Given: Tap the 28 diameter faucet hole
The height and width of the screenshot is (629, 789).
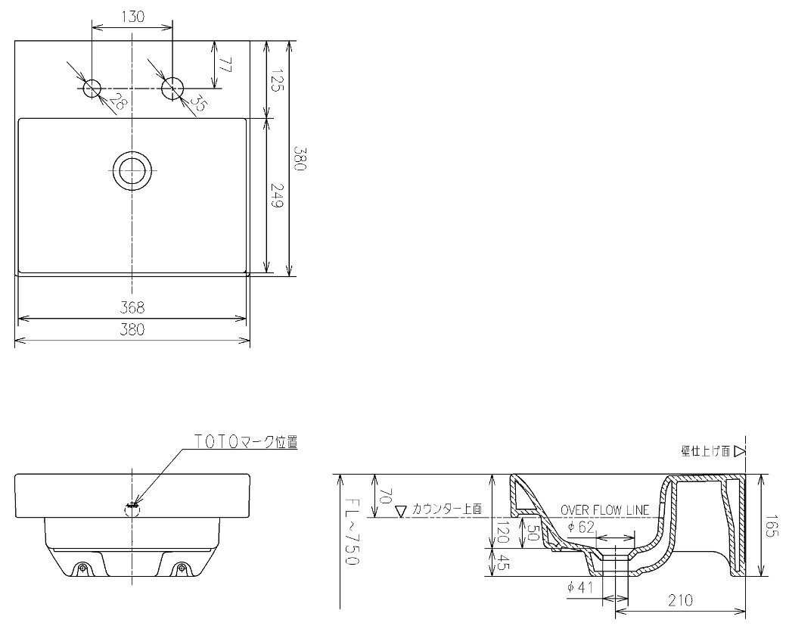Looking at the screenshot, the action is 92,89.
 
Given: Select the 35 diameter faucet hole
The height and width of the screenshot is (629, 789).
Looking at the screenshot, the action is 172,89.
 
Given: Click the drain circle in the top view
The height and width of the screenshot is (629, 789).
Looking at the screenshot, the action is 132,171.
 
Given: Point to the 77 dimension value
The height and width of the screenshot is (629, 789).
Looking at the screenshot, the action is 225,65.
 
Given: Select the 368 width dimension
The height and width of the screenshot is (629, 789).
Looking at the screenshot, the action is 132,307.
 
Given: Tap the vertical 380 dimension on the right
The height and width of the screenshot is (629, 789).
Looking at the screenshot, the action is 300,159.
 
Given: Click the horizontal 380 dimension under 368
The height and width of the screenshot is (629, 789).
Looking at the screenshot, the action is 132,329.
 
